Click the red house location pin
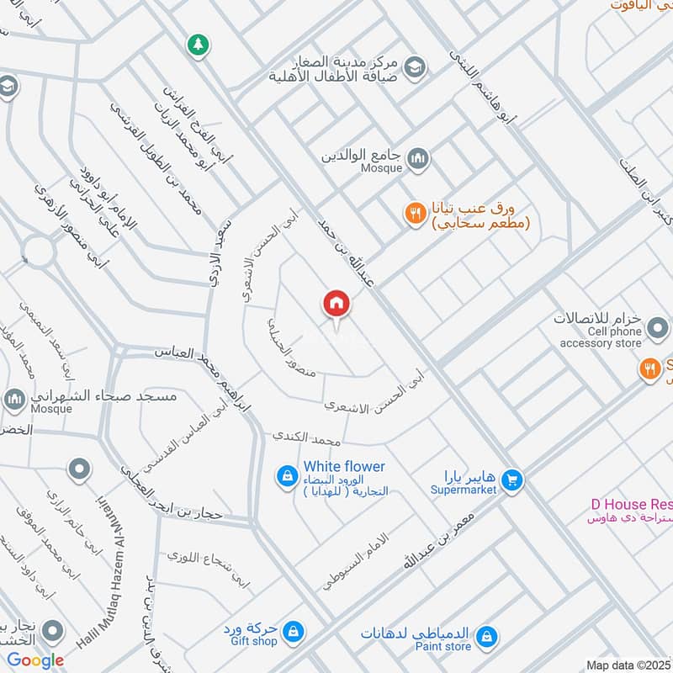click(336, 304)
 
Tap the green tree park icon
click(198, 44)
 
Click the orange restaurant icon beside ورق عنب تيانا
click(414, 215)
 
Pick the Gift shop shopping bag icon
click(293, 630)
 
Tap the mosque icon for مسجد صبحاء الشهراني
click(14, 399)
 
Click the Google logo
click(35, 660)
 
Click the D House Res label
click(631, 504)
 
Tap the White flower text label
click(344, 466)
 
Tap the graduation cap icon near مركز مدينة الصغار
click(414, 65)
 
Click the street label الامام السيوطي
click(357, 561)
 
